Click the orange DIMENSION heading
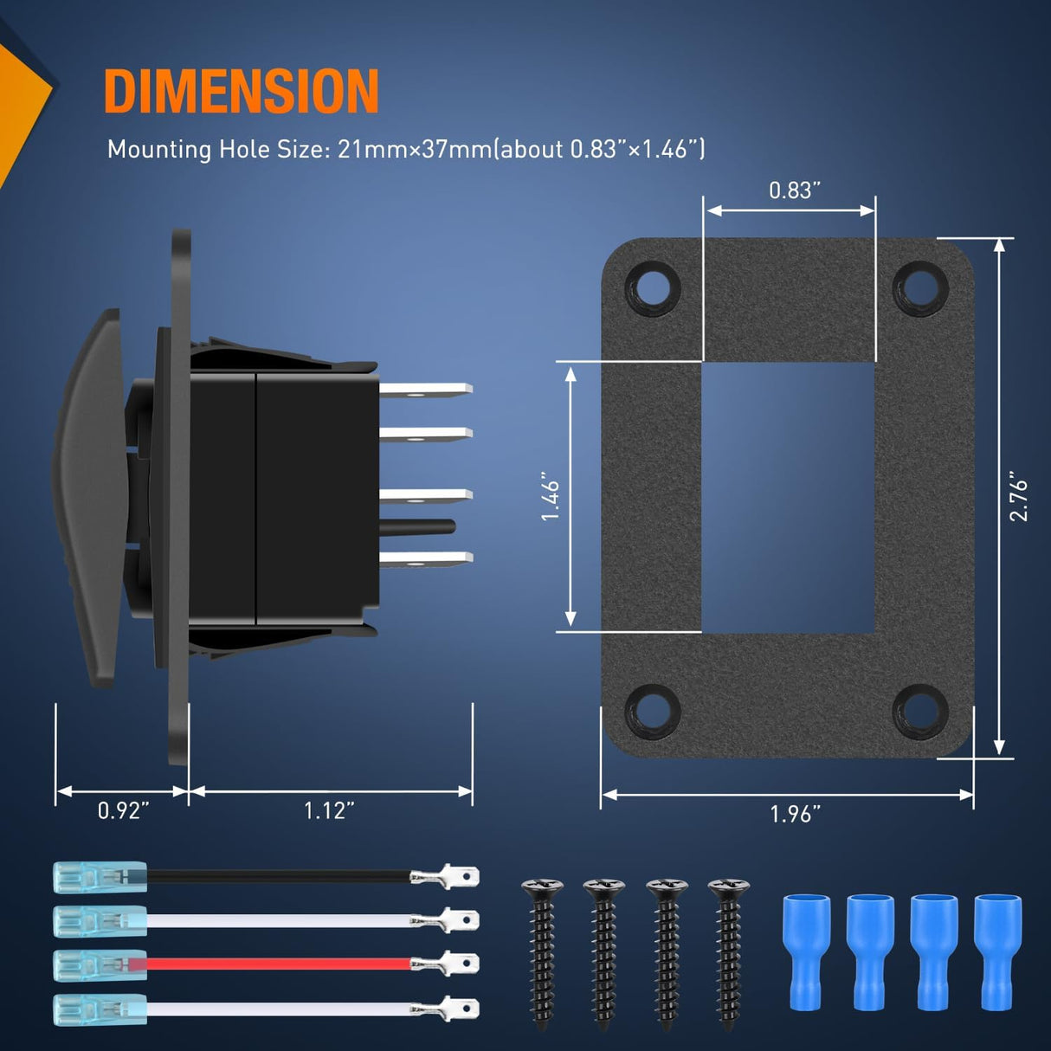(x=241, y=91)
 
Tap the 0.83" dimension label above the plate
(x=794, y=190)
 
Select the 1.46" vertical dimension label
(x=551, y=500)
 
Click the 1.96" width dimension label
(x=795, y=815)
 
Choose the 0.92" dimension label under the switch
(x=123, y=811)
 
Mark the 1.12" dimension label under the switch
(x=330, y=811)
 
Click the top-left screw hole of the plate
(x=653, y=287)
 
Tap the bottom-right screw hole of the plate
(x=920, y=712)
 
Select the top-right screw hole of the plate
(x=920, y=287)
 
